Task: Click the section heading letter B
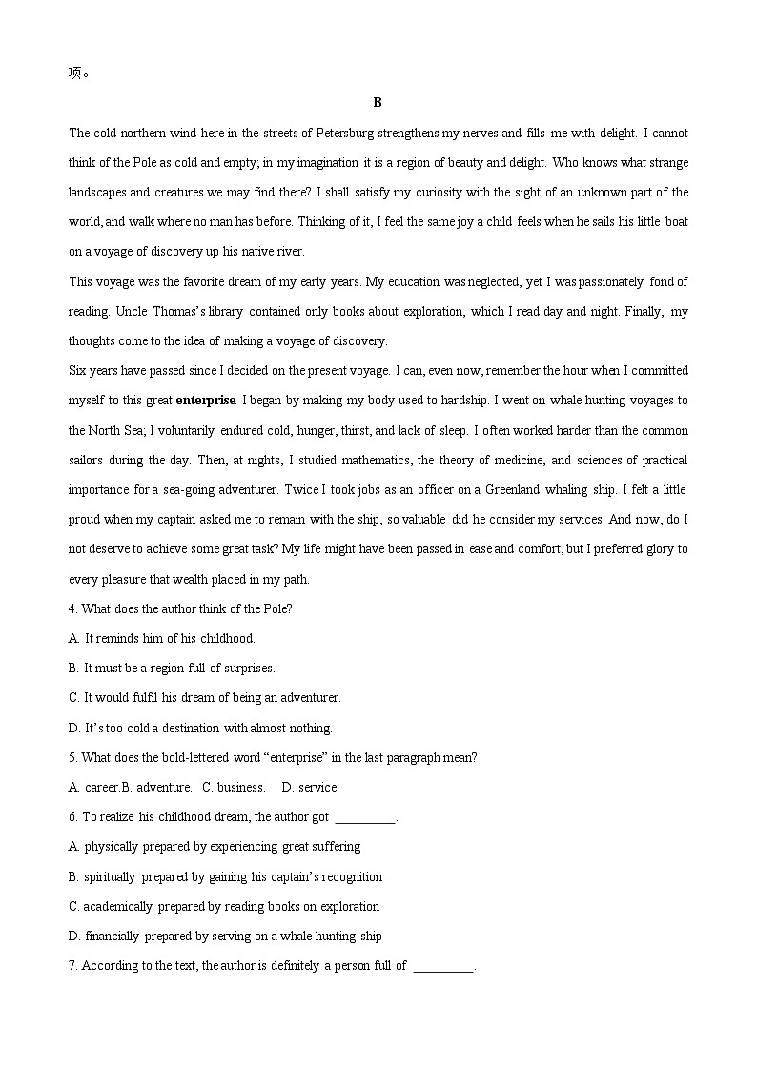[378, 103]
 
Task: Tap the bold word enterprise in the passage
[205, 401]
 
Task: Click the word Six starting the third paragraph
[78, 370]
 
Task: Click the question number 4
[73, 608]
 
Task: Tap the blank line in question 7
[444, 966]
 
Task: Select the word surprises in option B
[246, 668]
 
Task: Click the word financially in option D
[112, 936]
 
